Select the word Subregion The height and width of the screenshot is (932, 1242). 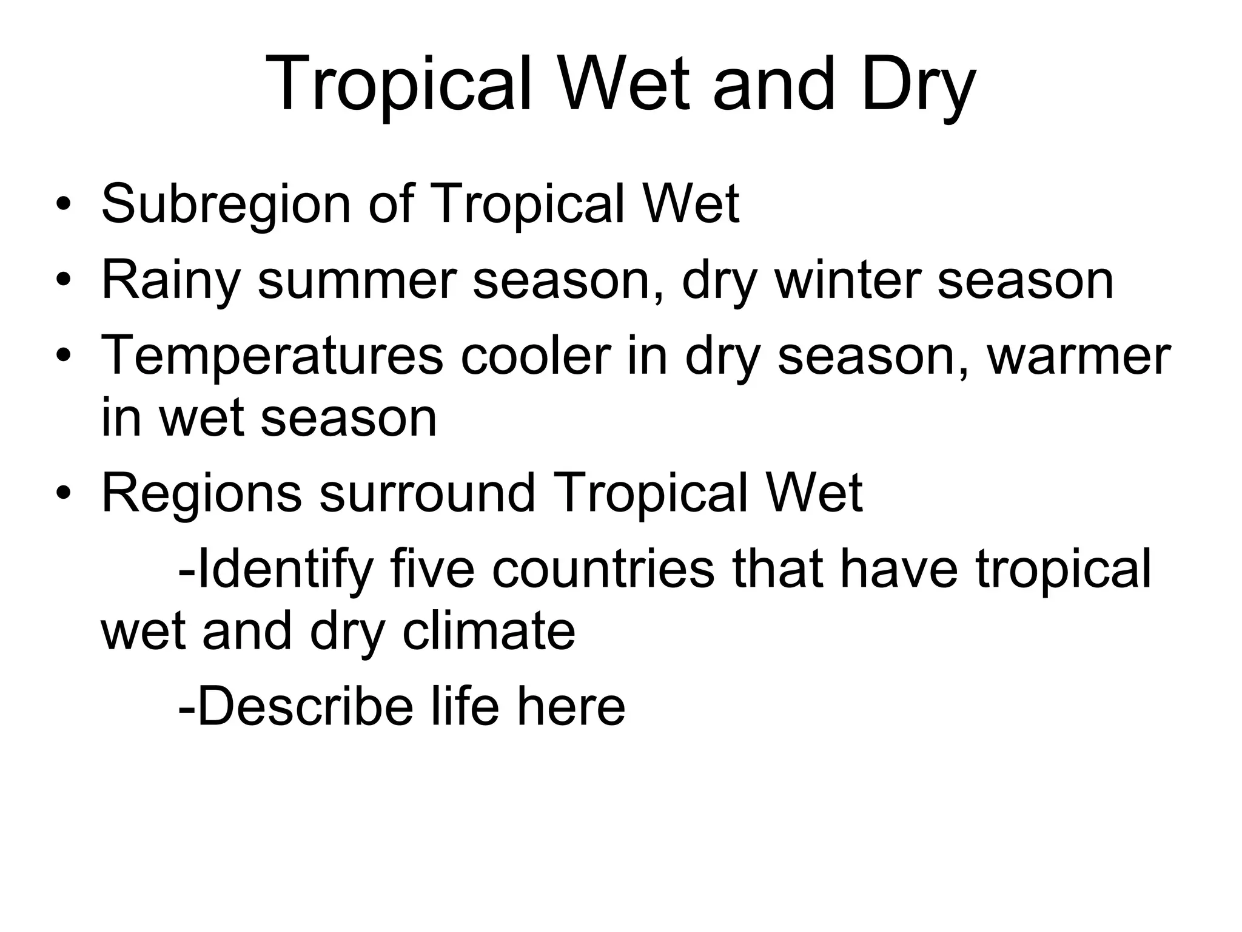click(226, 204)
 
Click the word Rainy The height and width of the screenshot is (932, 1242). click(170, 280)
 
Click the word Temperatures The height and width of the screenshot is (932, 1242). click(272, 356)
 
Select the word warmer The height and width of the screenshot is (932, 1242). click(1079, 356)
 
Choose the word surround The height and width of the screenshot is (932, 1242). click(428, 493)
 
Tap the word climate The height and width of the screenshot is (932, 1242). click(489, 632)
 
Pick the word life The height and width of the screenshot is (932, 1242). click(465, 707)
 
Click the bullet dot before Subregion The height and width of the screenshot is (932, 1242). click(63, 205)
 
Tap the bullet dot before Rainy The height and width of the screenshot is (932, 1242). click(63, 281)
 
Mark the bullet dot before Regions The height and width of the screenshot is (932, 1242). click(63, 494)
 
